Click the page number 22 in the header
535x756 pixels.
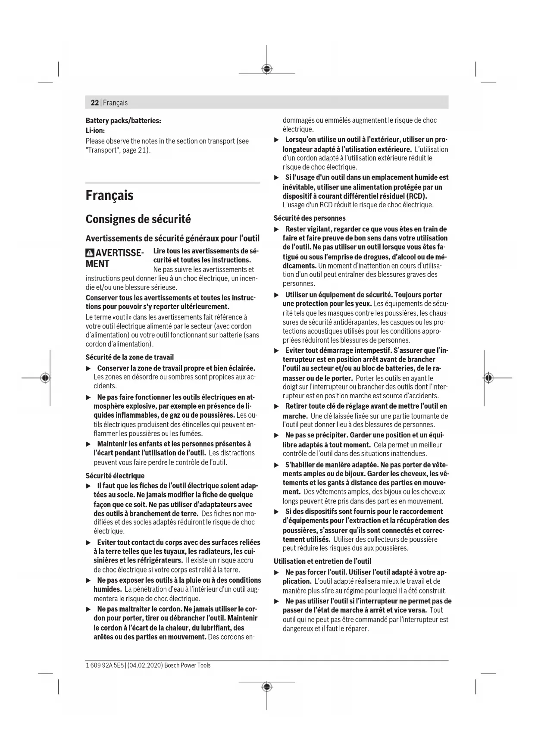pos(94,103)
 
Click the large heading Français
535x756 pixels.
pos(110,195)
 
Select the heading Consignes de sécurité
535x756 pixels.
pos(138,219)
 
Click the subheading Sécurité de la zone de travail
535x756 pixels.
pos(130,357)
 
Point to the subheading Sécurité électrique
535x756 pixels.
pos(115,475)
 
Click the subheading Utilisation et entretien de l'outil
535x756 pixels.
pos(322,561)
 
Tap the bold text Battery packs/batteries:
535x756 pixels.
pos(123,121)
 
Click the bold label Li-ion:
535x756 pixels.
pos(95,130)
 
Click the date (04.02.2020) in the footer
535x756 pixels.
pos(145,665)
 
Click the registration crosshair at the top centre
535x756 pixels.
pos(267,69)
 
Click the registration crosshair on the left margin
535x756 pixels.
pos(44,378)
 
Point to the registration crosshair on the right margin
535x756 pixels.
pos(488,378)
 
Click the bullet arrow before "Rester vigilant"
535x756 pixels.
pos(277,229)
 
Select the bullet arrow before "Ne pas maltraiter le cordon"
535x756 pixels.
pos(89,609)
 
